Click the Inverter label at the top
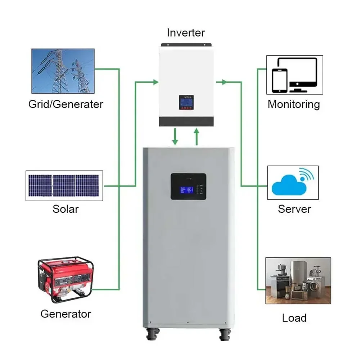[x=185, y=33]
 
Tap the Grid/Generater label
[x=66, y=104]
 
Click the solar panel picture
[x=64, y=186]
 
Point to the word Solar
[x=66, y=209]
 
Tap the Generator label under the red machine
[x=66, y=314]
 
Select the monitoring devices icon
[x=294, y=75]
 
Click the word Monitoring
[x=293, y=104]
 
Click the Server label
[x=294, y=209]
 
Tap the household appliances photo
[x=298, y=280]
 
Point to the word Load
[x=294, y=318]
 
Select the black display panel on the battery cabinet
[x=188, y=186]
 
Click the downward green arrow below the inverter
[x=175, y=137]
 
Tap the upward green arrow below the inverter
[x=197, y=136]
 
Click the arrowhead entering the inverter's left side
[x=156, y=82]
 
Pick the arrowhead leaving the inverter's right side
[x=224, y=82]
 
